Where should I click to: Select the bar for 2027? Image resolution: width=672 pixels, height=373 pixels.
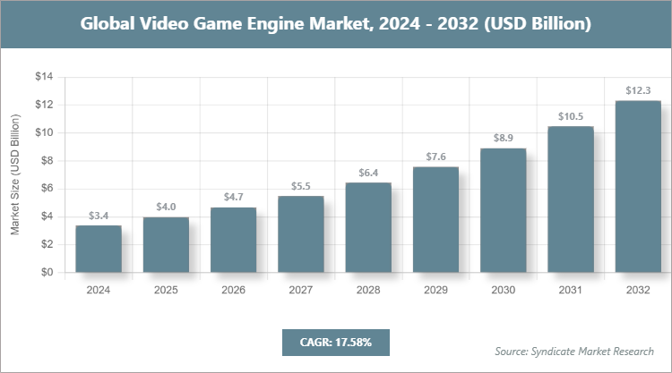[x=301, y=234]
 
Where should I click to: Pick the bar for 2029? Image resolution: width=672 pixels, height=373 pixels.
[x=435, y=219]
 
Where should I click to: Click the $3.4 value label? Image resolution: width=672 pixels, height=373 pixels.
[x=99, y=216]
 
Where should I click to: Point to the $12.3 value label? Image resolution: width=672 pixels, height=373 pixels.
[x=638, y=90]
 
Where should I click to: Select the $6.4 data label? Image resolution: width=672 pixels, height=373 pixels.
[x=368, y=173]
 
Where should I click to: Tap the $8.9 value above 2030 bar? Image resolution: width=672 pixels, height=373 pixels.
[x=504, y=138]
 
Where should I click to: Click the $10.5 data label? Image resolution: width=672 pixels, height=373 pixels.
[x=571, y=115]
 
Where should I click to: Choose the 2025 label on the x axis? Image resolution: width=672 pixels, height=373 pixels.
[x=166, y=290]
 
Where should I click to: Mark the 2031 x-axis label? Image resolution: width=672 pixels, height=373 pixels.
[x=571, y=290]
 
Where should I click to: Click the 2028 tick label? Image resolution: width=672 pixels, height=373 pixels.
[x=368, y=290]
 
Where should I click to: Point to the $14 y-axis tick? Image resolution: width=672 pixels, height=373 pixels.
[x=44, y=77]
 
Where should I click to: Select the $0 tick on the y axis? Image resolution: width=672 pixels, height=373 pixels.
[x=47, y=272]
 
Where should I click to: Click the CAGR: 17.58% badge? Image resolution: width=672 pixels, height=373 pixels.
[x=335, y=342]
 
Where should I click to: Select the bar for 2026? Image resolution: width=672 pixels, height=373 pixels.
[x=233, y=240]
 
